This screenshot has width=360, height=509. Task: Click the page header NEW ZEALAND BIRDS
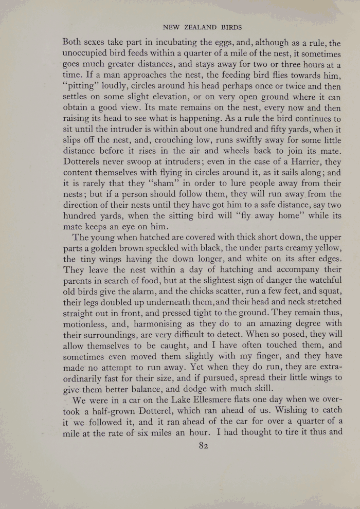202,27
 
